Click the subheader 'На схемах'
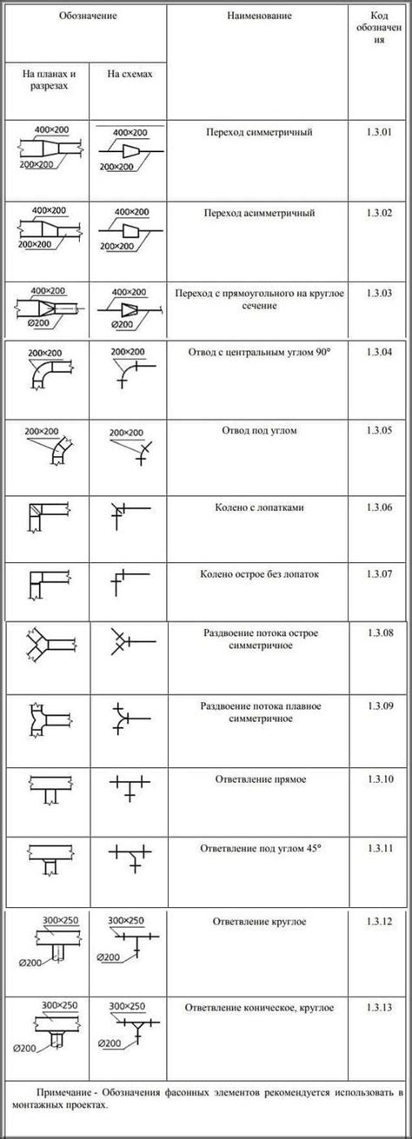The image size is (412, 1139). click(130, 75)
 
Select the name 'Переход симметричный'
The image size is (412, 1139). click(259, 133)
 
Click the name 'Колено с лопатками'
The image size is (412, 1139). click(259, 507)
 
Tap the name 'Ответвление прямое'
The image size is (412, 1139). click(259, 779)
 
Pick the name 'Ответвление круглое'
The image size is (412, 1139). click(259, 920)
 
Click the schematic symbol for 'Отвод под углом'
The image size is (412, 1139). click(129, 447)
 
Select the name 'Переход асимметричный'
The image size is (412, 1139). click(259, 213)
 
